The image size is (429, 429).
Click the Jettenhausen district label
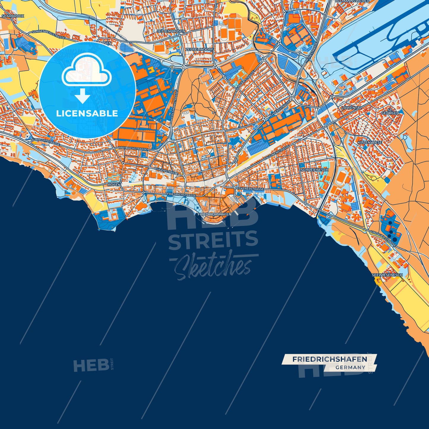[171, 31]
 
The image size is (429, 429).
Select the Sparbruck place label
[13, 16]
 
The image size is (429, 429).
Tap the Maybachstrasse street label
[133, 148]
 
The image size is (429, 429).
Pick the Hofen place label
[114, 185]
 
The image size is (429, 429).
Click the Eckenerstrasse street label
[250, 189]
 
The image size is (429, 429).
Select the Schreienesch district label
[314, 170]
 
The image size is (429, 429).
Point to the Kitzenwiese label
[370, 143]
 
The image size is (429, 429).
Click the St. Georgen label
[390, 111]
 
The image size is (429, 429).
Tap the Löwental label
[351, 108]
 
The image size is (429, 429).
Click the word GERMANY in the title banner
[350, 368]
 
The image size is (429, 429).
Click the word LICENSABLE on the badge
[87, 113]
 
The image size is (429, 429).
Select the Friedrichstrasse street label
[181, 195]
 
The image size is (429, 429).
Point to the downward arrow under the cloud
[83, 96]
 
